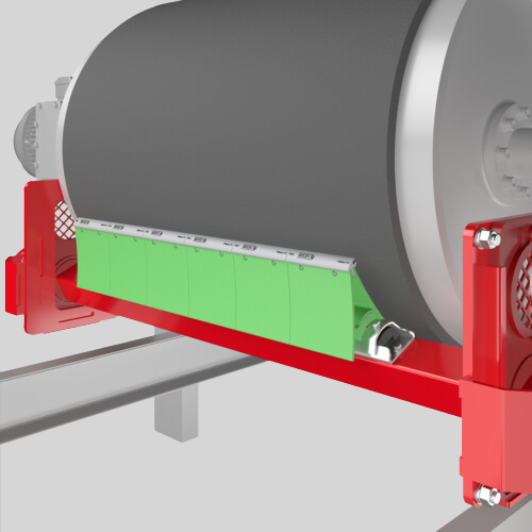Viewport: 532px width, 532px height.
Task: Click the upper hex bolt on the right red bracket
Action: pyautogui.click(x=487, y=239)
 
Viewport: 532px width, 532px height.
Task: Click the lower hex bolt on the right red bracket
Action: pyautogui.click(x=487, y=494)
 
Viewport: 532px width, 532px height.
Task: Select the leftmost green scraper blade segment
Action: pyautogui.click(x=93, y=261)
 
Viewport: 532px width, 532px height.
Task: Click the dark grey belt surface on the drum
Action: pyautogui.click(x=236, y=123)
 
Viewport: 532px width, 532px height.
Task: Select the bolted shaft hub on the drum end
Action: pyautogui.click(x=510, y=153)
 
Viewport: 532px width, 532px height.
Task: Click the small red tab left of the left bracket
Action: pyautogui.click(x=13, y=286)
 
